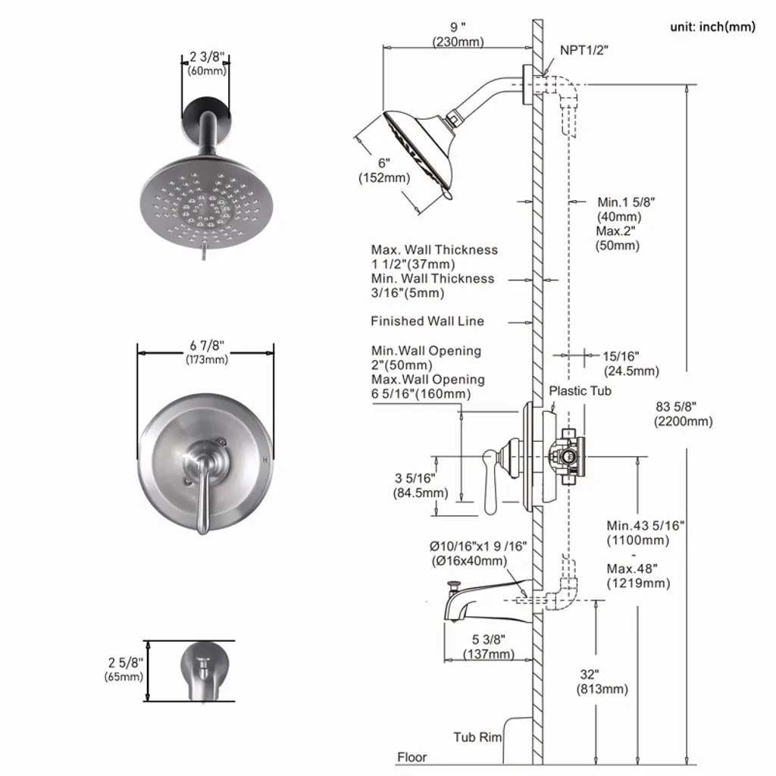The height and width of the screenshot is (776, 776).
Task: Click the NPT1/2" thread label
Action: [x=584, y=51]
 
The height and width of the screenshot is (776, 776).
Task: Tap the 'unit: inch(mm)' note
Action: [x=712, y=27]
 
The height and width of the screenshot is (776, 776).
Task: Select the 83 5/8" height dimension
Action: [x=684, y=414]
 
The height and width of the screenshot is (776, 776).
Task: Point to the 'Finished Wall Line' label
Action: [x=427, y=321]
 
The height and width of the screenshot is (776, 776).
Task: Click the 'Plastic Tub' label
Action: [x=580, y=391]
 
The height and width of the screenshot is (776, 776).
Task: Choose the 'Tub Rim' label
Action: [x=477, y=737]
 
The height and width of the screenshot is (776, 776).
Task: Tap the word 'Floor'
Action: [x=411, y=757]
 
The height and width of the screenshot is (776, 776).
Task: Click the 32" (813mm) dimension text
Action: [x=602, y=681]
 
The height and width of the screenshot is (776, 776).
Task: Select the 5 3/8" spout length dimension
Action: [x=489, y=647]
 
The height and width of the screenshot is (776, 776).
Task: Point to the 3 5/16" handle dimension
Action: [x=420, y=486]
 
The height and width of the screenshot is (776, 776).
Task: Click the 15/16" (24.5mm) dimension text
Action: [x=631, y=364]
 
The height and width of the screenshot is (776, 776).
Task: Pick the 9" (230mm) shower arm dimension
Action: [x=458, y=34]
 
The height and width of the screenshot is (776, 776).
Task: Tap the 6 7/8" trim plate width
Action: [x=207, y=352]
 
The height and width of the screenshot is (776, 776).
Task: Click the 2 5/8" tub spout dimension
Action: [x=124, y=669]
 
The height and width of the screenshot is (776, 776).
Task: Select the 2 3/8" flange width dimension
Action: [x=207, y=64]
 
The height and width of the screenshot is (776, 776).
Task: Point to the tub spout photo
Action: [x=205, y=671]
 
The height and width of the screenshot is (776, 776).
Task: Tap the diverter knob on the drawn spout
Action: [x=452, y=586]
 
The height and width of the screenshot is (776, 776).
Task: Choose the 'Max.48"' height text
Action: [x=632, y=568]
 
